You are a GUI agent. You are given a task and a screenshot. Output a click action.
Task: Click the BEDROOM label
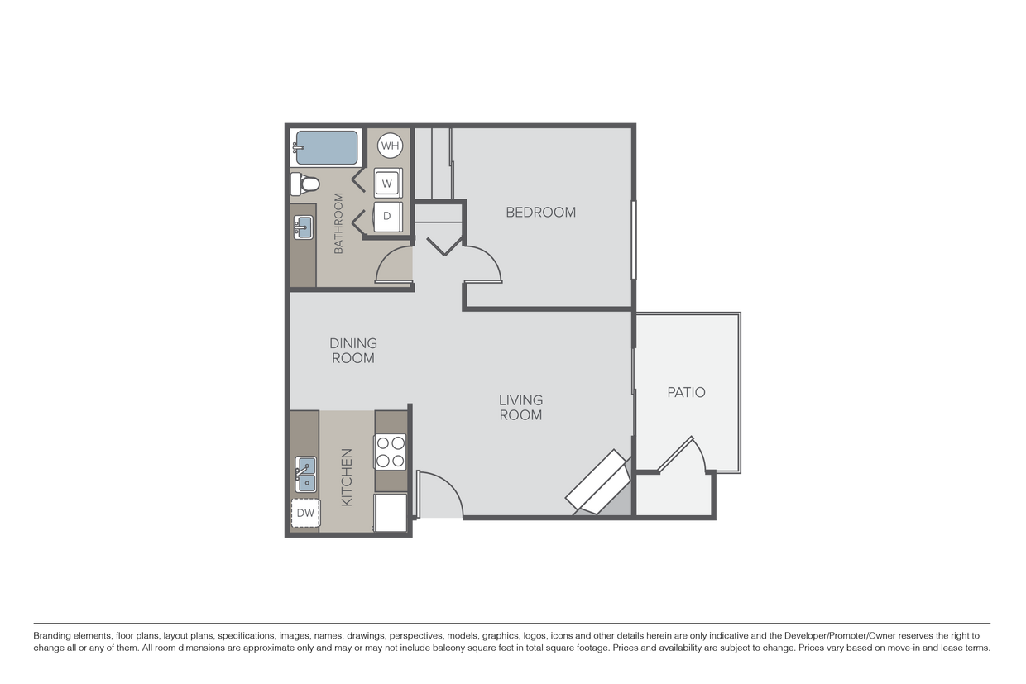[x=540, y=212]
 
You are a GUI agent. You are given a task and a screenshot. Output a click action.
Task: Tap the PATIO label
[x=686, y=392]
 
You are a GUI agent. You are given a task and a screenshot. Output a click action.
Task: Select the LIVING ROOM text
[x=520, y=408]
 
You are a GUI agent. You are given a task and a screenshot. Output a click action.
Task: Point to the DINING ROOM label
[x=353, y=351]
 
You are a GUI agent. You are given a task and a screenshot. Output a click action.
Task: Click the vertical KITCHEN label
[x=347, y=477]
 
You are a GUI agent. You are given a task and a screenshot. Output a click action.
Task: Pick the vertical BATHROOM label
[x=338, y=223]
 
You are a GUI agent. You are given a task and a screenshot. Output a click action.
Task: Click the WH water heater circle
[x=390, y=146]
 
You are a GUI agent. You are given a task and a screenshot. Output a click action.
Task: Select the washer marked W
[x=386, y=183]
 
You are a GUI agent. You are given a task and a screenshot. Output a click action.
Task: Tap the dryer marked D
[x=386, y=216]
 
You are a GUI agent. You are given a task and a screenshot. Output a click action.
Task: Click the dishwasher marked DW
[x=305, y=513]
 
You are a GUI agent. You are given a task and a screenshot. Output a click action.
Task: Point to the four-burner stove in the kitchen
[x=391, y=452]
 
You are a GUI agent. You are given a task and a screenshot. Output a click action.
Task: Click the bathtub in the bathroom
[x=326, y=147]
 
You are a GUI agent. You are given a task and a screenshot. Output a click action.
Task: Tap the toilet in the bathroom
[x=304, y=182]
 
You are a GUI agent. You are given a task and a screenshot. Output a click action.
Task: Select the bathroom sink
[x=303, y=227]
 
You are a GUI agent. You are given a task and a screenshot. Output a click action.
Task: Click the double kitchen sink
[x=305, y=474]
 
